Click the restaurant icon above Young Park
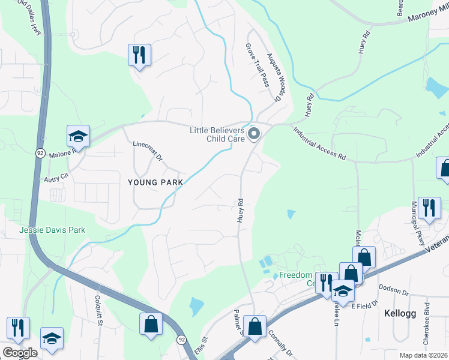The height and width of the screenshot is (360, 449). point(139,56)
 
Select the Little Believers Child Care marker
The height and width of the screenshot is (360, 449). point(254,133)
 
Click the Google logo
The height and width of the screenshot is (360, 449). point(19,352)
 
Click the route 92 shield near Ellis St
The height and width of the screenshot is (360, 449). point(181,340)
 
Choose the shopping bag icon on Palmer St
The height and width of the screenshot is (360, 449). point(255,327)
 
